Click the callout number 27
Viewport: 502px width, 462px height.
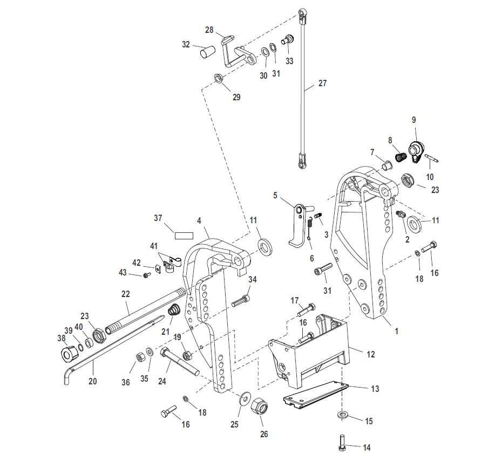click(322, 83)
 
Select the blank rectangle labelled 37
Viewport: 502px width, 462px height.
click(184, 236)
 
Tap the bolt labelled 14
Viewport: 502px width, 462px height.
click(342, 443)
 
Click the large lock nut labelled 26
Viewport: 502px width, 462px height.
click(259, 408)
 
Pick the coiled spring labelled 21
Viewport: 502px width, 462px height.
click(174, 311)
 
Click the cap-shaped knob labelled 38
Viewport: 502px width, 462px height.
click(69, 355)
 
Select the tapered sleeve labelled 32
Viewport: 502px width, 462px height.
click(208, 51)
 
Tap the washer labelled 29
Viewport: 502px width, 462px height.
click(219, 78)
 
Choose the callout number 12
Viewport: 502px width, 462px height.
click(370, 354)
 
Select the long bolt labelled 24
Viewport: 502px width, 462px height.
click(180, 361)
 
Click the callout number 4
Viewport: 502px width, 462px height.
click(199, 221)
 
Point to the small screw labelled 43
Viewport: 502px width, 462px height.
click(147, 274)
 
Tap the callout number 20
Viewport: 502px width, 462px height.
click(92, 381)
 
